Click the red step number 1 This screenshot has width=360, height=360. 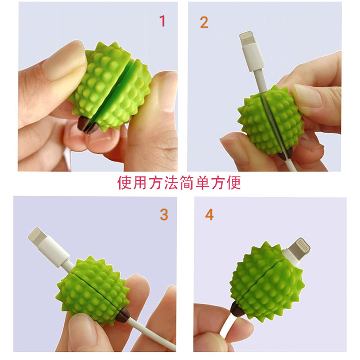coord(162,20)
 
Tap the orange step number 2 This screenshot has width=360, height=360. coord(204,22)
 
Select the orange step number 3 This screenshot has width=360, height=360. coord(164,215)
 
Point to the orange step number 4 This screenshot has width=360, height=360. coord(209,215)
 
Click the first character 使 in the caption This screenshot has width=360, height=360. coord(124,182)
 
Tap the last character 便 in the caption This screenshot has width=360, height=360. coord(234,182)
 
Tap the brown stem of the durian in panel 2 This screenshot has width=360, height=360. coord(282,155)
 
